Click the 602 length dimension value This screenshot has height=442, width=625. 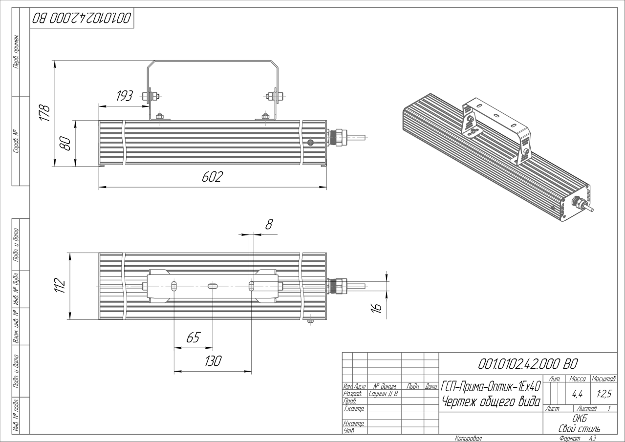pos(213,177)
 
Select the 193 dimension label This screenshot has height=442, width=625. pos(125,96)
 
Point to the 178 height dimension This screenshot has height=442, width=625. pos(44,113)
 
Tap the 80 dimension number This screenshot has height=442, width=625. pos(65,143)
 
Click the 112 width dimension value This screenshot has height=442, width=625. pos(60,285)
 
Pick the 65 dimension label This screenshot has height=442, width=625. pos(193,337)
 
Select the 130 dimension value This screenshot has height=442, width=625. pos(213,361)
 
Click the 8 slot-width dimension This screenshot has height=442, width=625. pos(269,224)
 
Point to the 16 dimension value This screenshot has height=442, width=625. pos(377,308)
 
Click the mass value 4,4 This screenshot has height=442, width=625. pos(578,394)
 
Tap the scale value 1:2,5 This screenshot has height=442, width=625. pos(604,394)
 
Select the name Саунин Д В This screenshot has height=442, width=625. pos(383,394)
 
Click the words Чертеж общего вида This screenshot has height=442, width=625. pos(491,402)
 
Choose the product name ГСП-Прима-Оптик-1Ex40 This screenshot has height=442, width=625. pos(491,387)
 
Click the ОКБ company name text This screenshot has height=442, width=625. pos(580,419)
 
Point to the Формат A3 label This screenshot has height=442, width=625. pos(578,439)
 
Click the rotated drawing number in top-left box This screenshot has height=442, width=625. pos(82,18)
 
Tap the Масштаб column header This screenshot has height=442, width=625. pos(604,379)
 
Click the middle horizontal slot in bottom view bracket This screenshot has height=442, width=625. pos(213,286)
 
